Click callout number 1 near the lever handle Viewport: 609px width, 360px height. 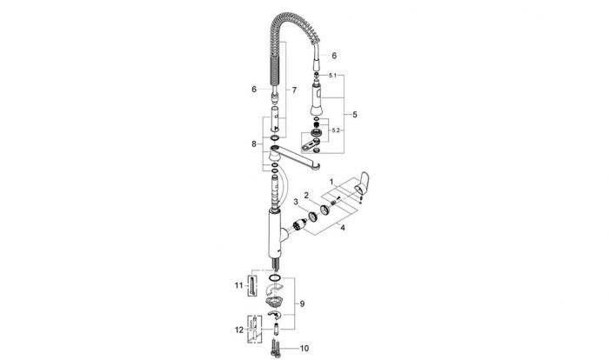[331, 182]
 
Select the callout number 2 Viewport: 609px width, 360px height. [306, 195]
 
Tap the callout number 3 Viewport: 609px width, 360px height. [296, 202]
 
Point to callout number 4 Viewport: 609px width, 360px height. [342, 228]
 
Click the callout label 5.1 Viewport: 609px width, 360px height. [333, 76]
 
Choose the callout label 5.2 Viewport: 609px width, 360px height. [336, 130]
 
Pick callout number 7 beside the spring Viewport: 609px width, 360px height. [294, 90]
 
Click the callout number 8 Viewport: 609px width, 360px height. [254, 144]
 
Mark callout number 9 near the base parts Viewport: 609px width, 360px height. [302, 303]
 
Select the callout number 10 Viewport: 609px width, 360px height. [304, 349]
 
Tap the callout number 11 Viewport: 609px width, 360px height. [238, 285]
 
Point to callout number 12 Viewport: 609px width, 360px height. [239, 330]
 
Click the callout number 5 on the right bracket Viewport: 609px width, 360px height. [355, 115]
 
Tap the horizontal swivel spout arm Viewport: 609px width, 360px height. [294, 157]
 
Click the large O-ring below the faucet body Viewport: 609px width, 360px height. [274, 277]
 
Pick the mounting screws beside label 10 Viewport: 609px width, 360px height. [274, 348]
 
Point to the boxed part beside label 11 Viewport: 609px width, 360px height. [252, 285]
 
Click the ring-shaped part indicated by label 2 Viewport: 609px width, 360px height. [325, 210]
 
